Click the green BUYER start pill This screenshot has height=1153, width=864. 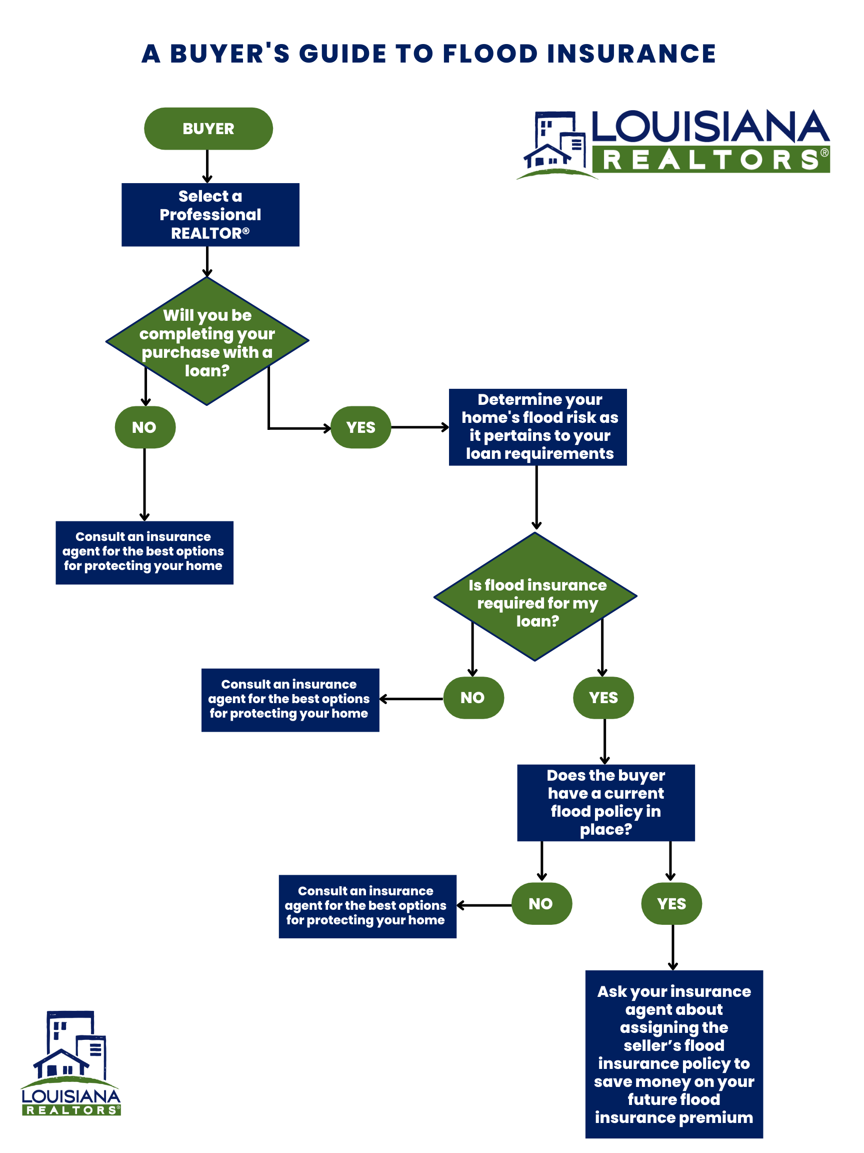click(208, 129)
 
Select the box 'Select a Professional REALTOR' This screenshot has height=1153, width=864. click(210, 215)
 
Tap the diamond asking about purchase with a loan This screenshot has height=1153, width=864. click(207, 341)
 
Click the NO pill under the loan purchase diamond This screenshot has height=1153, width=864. click(145, 427)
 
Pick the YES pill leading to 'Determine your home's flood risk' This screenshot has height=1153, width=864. click(361, 427)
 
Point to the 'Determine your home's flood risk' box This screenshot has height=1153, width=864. click(537, 427)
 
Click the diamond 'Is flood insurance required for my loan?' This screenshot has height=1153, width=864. click(535, 597)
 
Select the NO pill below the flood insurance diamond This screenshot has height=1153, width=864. click(473, 698)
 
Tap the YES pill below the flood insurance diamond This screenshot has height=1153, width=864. click(603, 698)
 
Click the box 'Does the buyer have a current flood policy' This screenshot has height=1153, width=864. click(605, 803)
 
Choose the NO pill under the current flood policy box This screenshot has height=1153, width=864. click(541, 904)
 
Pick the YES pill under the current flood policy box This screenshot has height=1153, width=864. click(671, 904)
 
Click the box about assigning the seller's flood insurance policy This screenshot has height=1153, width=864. click(674, 1054)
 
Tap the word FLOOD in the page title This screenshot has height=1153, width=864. click(490, 54)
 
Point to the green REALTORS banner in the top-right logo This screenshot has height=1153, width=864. click(710, 160)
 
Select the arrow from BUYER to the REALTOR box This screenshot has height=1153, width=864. click(207, 166)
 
